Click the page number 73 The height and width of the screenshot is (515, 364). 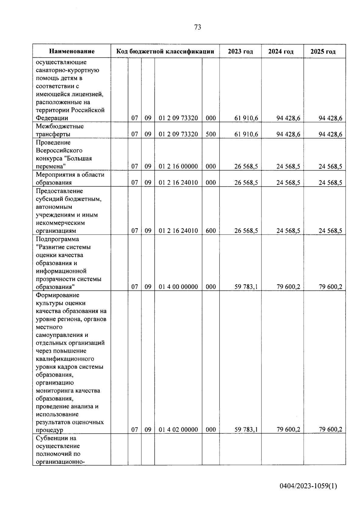pyautogui.click(x=197, y=27)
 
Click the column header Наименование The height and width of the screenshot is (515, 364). pyautogui.click(x=72, y=51)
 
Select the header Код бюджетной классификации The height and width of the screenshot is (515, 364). pyautogui.click(x=165, y=51)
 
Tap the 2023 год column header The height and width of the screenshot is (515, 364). pyautogui.click(x=240, y=51)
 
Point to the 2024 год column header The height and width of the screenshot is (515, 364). pyautogui.click(x=281, y=51)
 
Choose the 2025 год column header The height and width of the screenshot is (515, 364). pyautogui.click(x=323, y=51)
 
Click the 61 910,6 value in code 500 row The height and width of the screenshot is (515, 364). pyautogui.click(x=246, y=134)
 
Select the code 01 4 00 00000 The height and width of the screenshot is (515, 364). pyautogui.click(x=178, y=287)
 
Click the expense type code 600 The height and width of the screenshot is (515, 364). pyautogui.click(x=211, y=231)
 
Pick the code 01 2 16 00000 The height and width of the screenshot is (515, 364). pyautogui.click(x=178, y=166)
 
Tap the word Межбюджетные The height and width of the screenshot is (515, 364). pyautogui.click(x=60, y=126)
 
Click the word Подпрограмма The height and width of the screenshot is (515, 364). pyautogui.click(x=57, y=239)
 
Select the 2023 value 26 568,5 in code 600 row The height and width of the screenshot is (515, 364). pyautogui.click(x=246, y=231)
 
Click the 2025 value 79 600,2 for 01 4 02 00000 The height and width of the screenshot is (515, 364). pyautogui.click(x=330, y=429)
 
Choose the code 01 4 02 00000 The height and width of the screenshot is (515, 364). pyautogui.click(x=178, y=429)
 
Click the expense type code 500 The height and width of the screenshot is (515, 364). pyautogui.click(x=211, y=134)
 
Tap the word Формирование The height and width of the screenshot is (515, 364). pyautogui.click(x=57, y=295)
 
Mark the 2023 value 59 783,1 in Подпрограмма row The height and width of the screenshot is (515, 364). pyautogui.click(x=246, y=287)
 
